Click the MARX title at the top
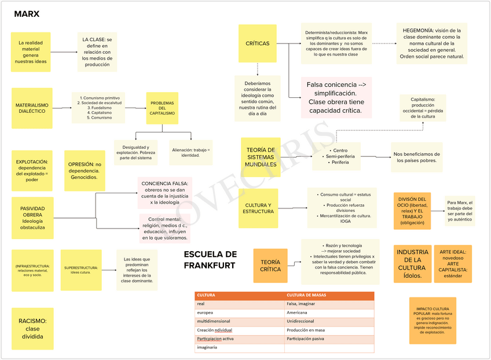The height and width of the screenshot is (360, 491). click(x=27, y=14)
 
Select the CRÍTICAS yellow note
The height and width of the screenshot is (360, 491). click(x=257, y=43)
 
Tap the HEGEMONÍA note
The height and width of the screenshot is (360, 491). click(x=431, y=43)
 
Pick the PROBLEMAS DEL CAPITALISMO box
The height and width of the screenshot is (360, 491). click(x=162, y=108)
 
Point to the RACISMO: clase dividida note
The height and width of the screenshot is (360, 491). click(x=32, y=328)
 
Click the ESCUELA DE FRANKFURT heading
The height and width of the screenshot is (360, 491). click(x=210, y=260)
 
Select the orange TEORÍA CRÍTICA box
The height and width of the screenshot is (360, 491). click(x=270, y=266)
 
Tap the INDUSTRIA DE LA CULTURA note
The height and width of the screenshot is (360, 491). click(x=412, y=264)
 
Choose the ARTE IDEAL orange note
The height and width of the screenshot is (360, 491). click(x=453, y=264)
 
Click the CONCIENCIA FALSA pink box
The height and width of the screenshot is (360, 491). click(x=165, y=193)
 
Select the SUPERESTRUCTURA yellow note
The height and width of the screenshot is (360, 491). click(x=81, y=270)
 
